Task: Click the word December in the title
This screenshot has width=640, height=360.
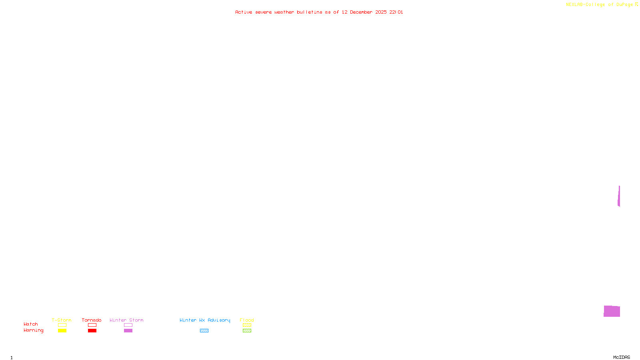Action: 361,12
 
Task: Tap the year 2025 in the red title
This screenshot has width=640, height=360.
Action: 381,12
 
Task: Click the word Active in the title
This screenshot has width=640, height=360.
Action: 244,12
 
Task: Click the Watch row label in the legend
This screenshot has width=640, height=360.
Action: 31,324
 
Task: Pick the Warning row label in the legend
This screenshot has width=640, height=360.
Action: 34,330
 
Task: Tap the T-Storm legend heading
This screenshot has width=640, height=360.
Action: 62,320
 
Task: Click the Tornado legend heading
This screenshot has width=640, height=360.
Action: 92,320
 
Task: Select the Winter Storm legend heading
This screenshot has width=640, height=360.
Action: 126,320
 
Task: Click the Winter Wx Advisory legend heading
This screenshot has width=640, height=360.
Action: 205,320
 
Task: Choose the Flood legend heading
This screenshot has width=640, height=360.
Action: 247,320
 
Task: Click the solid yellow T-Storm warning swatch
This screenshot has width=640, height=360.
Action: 62,331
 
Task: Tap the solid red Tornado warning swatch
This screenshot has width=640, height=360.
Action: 92,331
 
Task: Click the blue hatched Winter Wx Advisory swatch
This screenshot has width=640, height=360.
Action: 204,331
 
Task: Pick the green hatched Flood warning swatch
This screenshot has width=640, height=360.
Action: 247,331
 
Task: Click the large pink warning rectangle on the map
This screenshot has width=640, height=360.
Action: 612,311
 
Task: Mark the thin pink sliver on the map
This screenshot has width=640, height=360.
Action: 619,196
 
